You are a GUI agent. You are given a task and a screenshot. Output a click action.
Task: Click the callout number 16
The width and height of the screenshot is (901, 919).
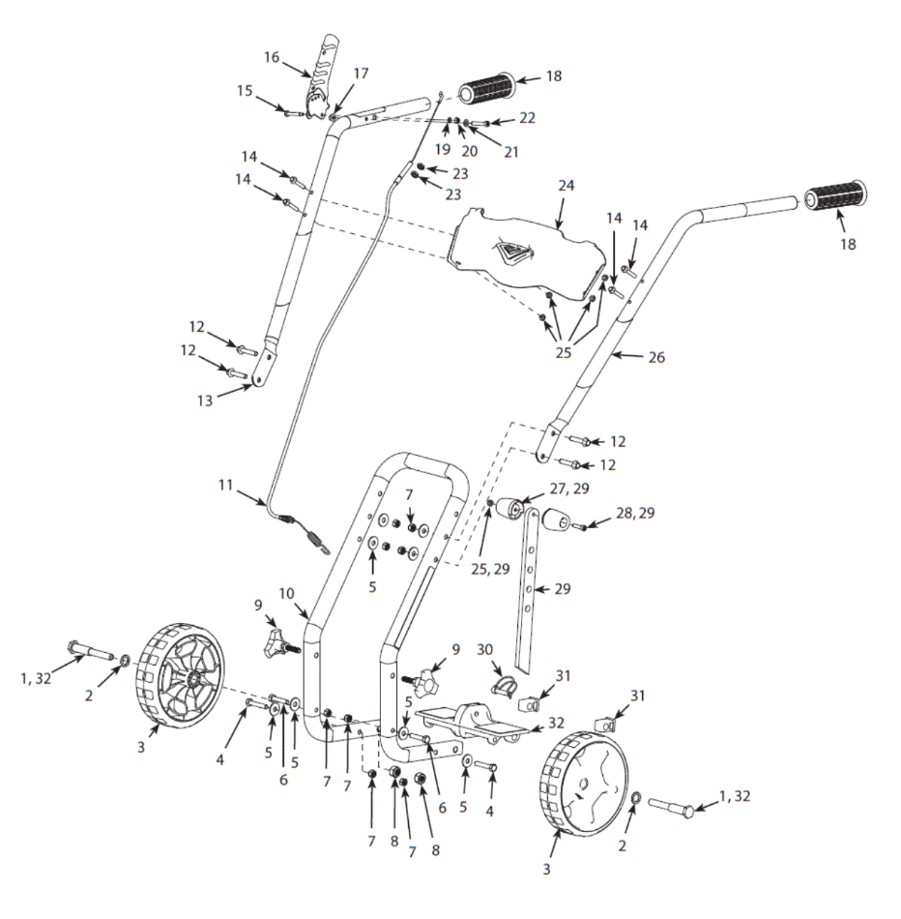coord(273,58)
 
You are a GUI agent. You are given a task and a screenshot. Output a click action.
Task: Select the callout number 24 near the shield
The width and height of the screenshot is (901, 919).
coord(565,184)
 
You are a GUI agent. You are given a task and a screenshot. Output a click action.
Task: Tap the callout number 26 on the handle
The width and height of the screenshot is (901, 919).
coord(656,357)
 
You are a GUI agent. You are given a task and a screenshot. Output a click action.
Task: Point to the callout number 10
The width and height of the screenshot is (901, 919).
coord(287,592)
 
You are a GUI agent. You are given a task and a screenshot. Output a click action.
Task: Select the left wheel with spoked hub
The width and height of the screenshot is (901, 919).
coord(180,687)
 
